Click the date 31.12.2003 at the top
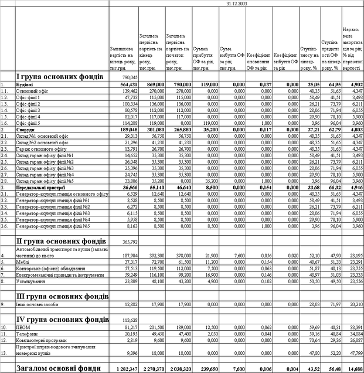click(236, 4)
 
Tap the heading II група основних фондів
click(55, 241)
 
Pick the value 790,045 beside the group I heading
click(130, 77)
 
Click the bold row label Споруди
click(25, 129)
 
